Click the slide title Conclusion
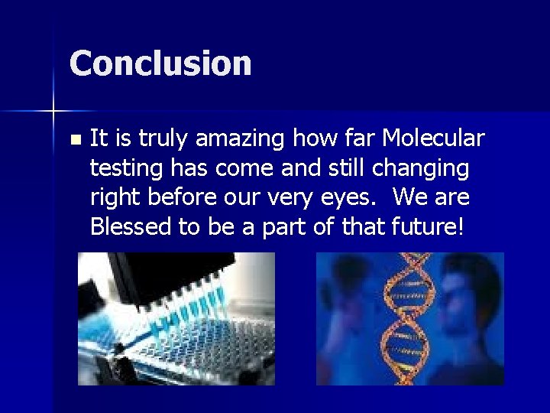click(160, 63)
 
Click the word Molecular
click(433, 138)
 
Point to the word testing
click(120, 168)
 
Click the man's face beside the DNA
click(474, 306)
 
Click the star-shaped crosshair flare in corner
click(53, 112)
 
